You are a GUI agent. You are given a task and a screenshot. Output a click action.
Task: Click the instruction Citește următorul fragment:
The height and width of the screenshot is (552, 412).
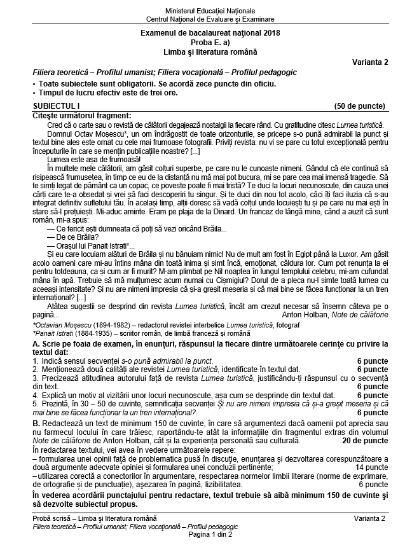pyautogui.click(x=81, y=115)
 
